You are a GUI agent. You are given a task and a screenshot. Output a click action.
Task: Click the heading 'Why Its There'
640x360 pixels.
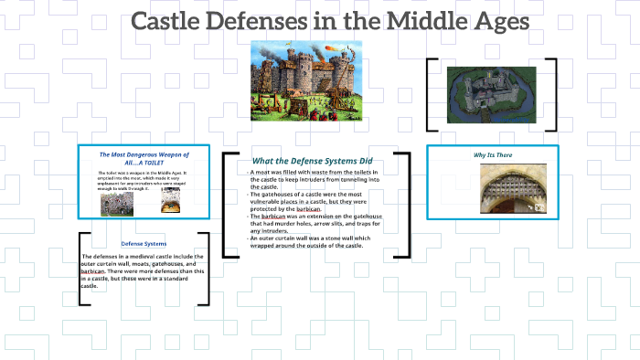point(493,155)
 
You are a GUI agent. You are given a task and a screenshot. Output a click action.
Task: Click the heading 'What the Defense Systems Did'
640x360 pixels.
point(313,161)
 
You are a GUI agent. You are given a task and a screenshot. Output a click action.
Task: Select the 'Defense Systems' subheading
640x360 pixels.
point(144,244)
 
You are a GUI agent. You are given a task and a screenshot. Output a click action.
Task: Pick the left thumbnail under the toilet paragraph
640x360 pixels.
point(116,203)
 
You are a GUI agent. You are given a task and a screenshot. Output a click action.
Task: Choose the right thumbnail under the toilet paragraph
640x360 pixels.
point(170,203)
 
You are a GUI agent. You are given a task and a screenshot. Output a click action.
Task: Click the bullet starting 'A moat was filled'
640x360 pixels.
point(315,179)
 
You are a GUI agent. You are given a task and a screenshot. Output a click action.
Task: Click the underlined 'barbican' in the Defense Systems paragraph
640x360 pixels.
point(91,271)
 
